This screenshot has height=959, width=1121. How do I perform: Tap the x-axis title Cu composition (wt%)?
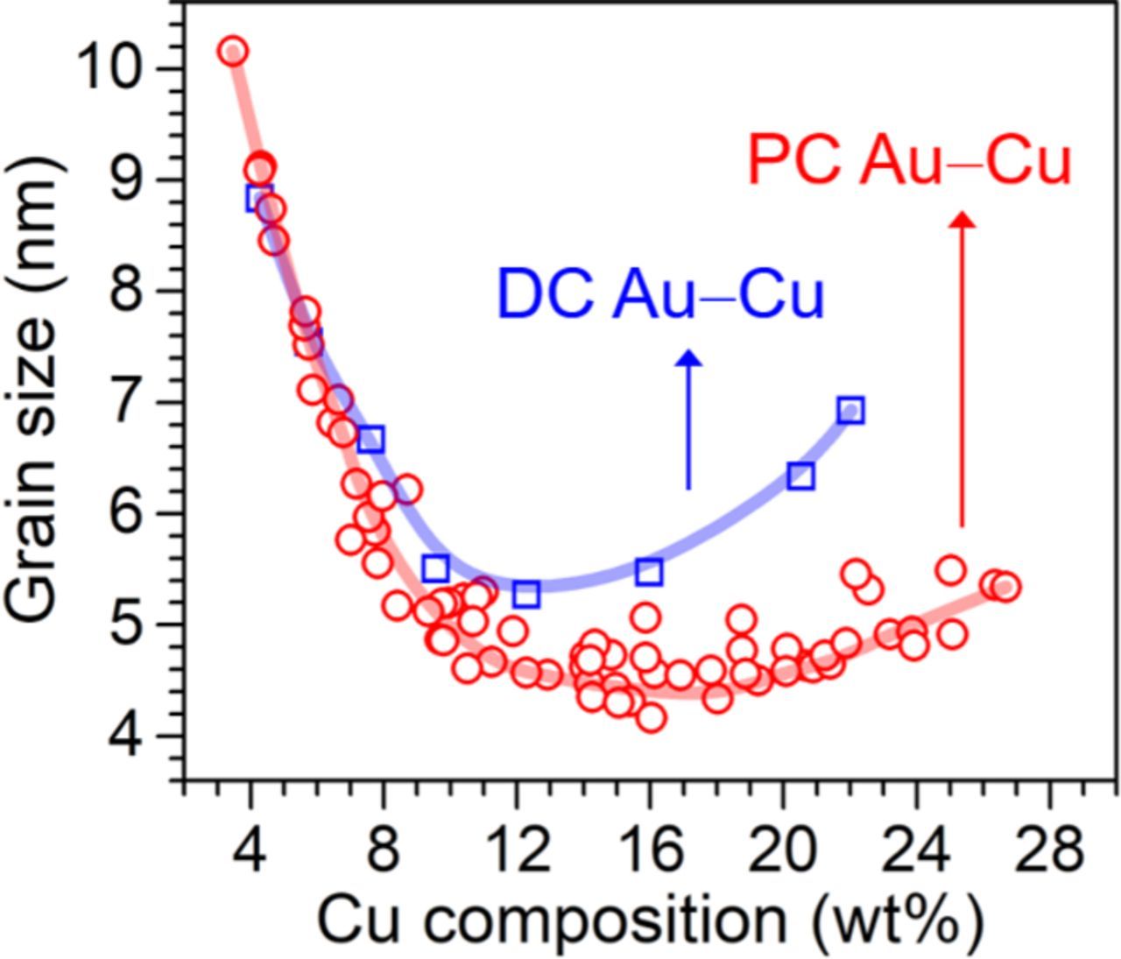point(649,920)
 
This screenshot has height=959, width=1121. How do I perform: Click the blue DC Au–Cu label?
point(660,295)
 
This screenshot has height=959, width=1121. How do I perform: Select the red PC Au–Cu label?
point(909,162)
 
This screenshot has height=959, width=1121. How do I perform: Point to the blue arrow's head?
point(689,357)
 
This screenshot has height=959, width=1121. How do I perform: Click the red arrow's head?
point(962,220)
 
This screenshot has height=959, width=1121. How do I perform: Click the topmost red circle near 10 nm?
point(233,52)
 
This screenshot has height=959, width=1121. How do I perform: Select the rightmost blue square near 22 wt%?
point(850,410)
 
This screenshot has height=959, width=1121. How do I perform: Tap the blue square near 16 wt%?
point(649,572)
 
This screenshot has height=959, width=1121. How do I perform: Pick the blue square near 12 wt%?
point(525,595)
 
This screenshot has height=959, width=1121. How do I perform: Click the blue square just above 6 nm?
point(800,476)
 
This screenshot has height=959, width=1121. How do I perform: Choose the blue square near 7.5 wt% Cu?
point(371,440)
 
